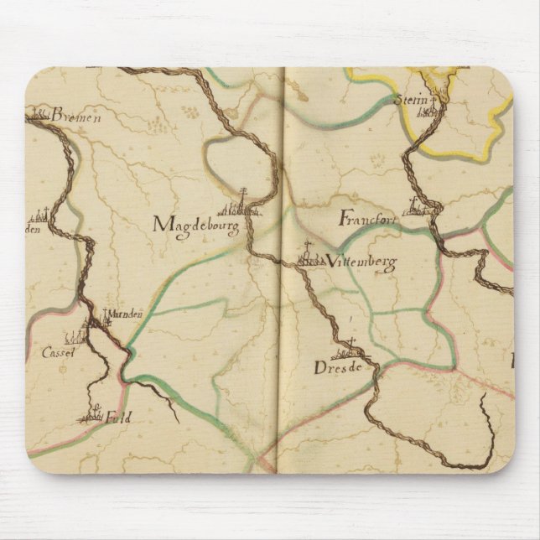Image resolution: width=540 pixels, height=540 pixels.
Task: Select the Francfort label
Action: [367, 220]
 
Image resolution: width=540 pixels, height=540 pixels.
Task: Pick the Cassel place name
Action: [58, 353]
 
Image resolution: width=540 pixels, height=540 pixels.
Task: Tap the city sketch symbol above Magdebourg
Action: [239, 204]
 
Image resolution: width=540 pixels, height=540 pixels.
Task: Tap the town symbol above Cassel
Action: [78, 336]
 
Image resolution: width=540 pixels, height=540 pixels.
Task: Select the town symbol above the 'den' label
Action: [44, 216]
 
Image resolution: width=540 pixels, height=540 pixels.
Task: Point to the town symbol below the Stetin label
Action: [430, 111]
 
